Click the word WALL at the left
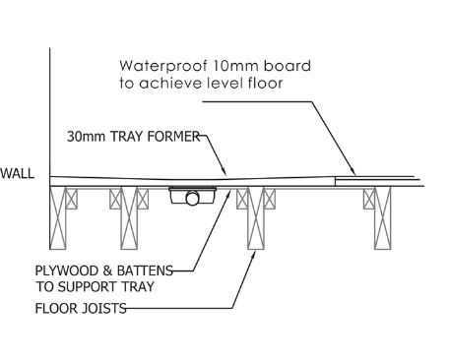point(17,173)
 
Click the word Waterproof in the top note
point(163,66)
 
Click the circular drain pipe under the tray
point(193,198)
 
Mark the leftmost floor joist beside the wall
point(57,217)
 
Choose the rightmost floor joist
point(383,217)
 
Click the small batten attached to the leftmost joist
point(72,199)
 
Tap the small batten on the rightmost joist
point(369,199)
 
